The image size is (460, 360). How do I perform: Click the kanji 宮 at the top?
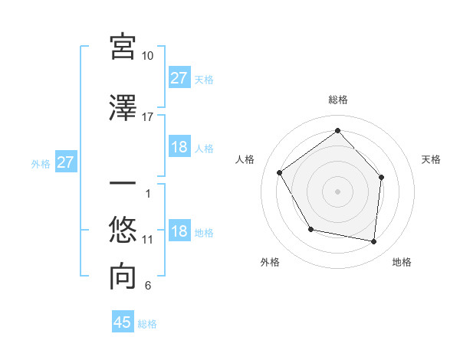point(123,47)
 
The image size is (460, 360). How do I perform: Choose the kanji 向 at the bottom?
point(123,277)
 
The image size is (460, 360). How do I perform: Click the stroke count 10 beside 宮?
point(148,56)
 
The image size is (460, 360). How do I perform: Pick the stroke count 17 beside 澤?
point(148,117)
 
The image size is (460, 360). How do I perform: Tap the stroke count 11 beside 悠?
point(148,240)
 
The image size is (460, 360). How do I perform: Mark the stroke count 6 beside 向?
point(148,286)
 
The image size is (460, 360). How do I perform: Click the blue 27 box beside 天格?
point(179,78)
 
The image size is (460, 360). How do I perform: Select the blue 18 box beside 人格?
point(179,147)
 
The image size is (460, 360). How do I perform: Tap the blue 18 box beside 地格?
point(179,231)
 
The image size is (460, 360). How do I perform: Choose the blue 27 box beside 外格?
point(66,162)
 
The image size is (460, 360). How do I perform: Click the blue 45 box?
point(123,322)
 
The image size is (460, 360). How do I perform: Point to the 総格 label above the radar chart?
point(337,100)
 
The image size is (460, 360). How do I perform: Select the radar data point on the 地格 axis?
point(374,241)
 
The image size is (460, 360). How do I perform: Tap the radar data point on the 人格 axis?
point(280,172)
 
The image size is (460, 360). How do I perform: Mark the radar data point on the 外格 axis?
point(310,229)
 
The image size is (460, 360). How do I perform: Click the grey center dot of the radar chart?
point(337,191)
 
